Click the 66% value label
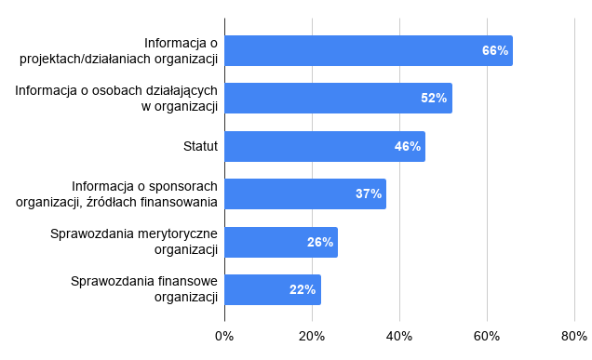pyautogui.click(x=495, y=50)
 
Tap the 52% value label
pyautogui.click(x=434, y=98)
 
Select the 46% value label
pyautogui.click(x=408, y=146)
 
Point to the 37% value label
pyautogui.click(x=369, y=194)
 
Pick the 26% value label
pyautogui.click(x=320, y=242)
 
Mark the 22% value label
pyautogui.click(x=303, y=290)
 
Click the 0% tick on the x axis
pyautogui.click(x=224, y=336)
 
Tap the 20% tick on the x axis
pyautogui.click(x=312, y=336)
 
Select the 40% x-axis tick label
pyautogui.click(x=399, y=336)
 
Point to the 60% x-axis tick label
pyautogui.click(x=487, y=336)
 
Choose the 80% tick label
pyautogui.click(x=574, y=336)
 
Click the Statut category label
pyautogui.click(x=200, y=146)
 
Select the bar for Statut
pyautogui.click(x=325, y=146)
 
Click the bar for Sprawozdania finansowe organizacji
pyautogui.click(x=273, y=290)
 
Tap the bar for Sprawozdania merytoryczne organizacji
pyautogui.click(x=281, y=242)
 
